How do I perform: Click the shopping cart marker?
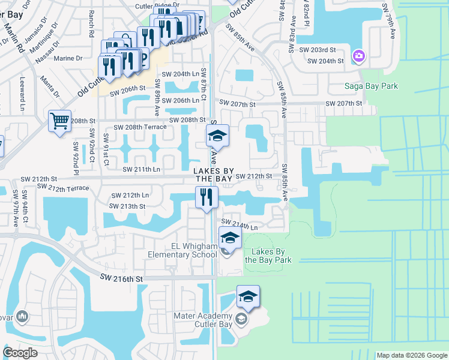click(x=59, y=122)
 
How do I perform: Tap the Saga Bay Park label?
click(x=371, y=86)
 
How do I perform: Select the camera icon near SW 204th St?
click(x=358, y=56)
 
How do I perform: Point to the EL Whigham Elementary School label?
click(x=184, y=250)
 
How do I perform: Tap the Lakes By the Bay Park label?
click(x=268, y=256)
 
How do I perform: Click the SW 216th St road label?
click(x=122, y=279)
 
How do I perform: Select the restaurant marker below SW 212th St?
click(x=205, y=197)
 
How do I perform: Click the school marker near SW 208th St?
click(x=217, y=136)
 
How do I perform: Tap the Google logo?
click(x=20, y=352)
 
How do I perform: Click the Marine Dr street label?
click(x=70, y=58)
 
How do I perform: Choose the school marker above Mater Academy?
click(x=248, y=296)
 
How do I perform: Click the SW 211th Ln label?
click(x=142, y=169)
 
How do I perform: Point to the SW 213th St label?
click(x=127, y=206)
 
